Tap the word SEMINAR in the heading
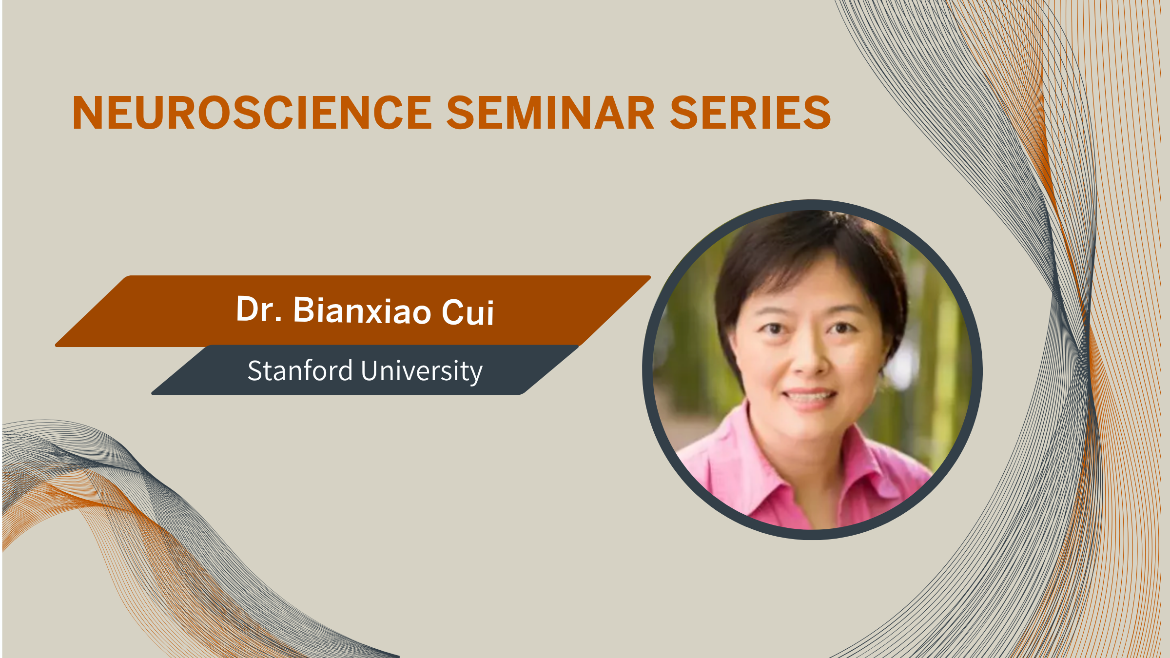tap(550, 113)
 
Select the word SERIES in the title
tap(750, 113)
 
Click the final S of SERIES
tap(818, 113)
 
